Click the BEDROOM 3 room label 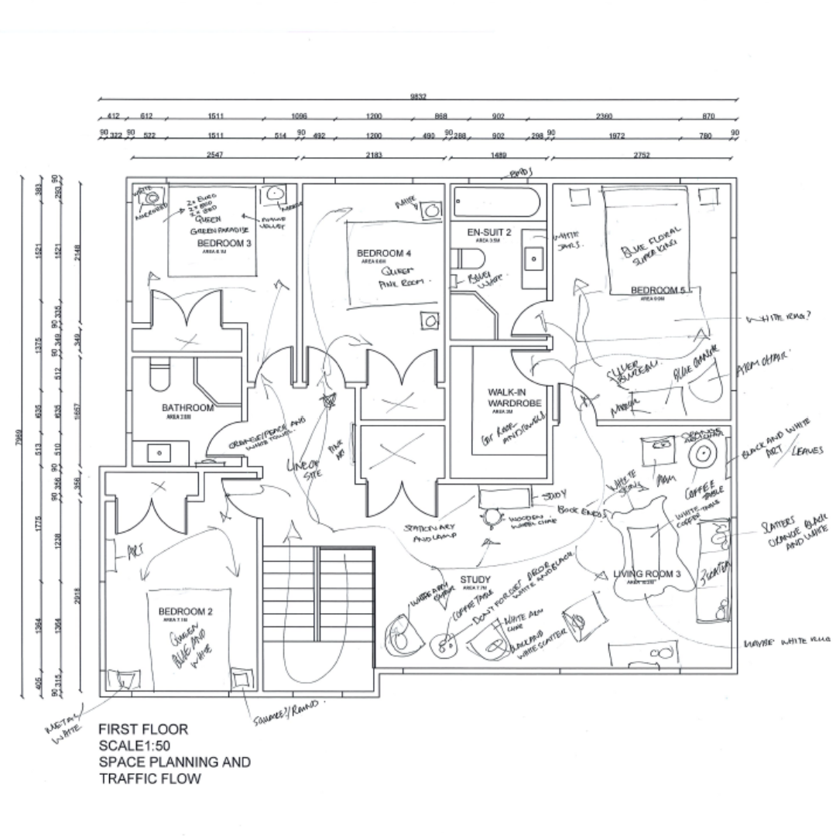tap(224, 243)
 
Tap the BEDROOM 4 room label tap(384, 254)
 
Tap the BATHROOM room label tap(187, 408)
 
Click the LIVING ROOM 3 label tap(647, 574)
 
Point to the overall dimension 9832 tap(418, 97)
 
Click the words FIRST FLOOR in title tap(143, 729)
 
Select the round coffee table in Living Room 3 tap(704, 454)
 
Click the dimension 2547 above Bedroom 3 tap(214, 156)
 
